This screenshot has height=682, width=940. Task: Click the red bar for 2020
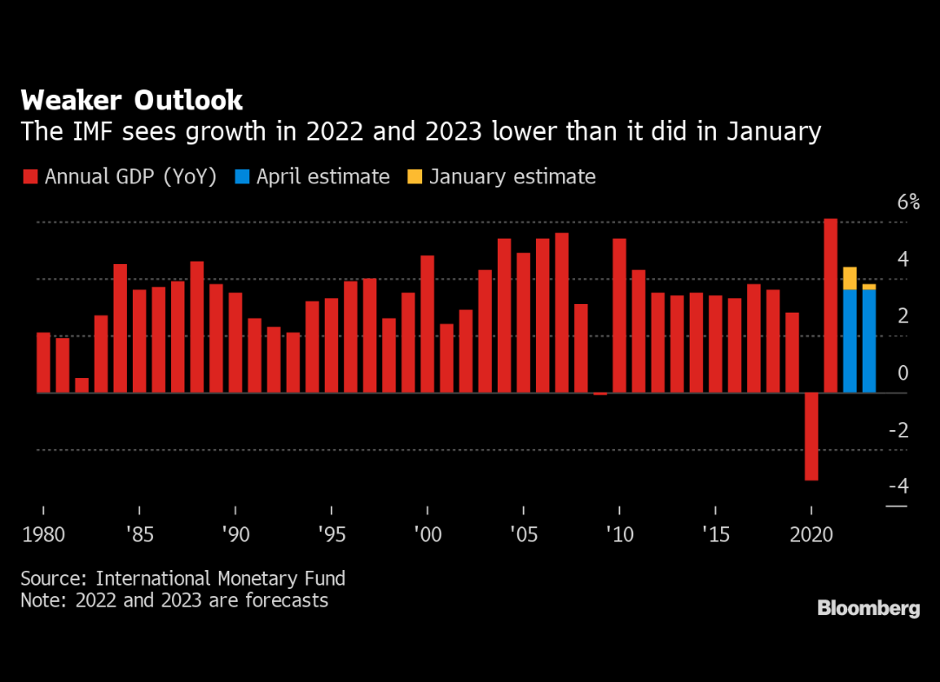(x=811, y=436)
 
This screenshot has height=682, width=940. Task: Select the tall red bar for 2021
(x=831, y=305)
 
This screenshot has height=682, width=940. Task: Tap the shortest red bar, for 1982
(x=82, y=386)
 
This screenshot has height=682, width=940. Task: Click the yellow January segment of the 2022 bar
(x=850, y=278)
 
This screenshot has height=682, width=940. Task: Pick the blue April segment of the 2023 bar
(x=869, y=341)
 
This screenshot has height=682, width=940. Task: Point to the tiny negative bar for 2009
(x=600, y=394)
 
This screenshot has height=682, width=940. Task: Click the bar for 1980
(x=43, y=362)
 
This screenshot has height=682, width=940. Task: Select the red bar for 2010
(x=619, y=315)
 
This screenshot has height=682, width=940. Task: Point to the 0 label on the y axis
(x=903, y=373)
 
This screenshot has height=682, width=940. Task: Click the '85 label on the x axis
(x=139, y=533)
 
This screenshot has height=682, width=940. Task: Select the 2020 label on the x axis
(x=811, y=533)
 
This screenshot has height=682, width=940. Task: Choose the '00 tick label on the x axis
(x=427, y=533)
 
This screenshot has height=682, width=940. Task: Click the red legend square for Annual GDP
(x=30, y=177)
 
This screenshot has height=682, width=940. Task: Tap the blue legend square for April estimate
(x=242, y=177)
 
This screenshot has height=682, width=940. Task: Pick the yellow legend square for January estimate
(x=414, y=177)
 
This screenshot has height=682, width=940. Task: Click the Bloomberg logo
(x=868, y=608)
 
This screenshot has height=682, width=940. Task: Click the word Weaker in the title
(x=72, y=100)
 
